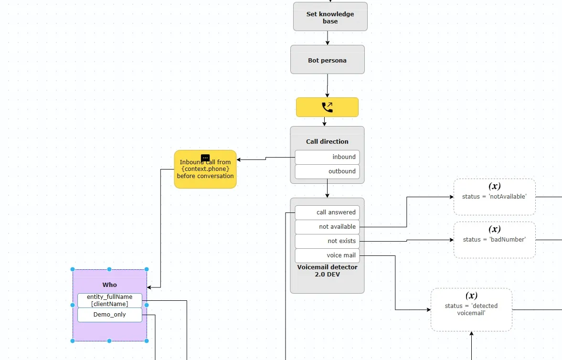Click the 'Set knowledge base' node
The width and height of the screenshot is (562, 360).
pos(330,17)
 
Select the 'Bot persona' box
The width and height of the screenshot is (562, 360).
pos(327,60)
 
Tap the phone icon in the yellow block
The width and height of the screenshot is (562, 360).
pos(327,107)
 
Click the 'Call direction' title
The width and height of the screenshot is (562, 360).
pos(327,142)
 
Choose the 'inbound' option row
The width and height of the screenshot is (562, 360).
pos(327,157)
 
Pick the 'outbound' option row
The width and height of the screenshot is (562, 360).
pos(327,171)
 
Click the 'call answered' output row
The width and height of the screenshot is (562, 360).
pos(327,212)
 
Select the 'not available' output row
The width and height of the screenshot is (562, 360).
pos(327,227)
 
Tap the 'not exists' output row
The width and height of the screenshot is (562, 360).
pos(327,241)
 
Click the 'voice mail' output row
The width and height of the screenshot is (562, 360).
pos(327,255)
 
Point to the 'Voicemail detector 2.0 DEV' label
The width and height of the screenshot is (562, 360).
pos(327,271)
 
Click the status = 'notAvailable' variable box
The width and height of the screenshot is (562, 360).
pos(495,197)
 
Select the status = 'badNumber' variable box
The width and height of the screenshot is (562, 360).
pos(495,240)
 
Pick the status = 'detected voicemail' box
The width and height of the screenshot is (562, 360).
pos(471,310)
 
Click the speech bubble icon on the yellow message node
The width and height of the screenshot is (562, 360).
pos(205,158)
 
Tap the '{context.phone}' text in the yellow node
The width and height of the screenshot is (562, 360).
pos(205,169)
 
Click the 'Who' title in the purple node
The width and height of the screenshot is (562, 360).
pos(110,285)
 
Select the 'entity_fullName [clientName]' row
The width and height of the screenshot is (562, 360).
pos(110,300)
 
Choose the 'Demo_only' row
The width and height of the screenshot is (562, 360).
pos(110,315)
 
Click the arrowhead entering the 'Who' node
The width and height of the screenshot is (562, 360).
pos(149,287)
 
